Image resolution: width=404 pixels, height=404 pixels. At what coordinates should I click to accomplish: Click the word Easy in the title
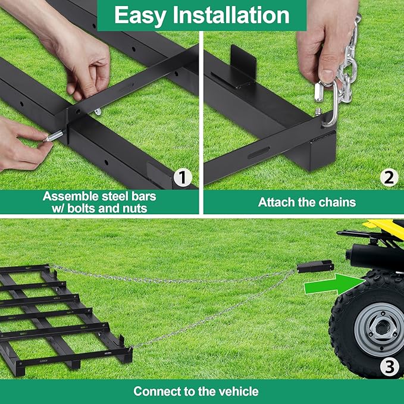click(138, 15)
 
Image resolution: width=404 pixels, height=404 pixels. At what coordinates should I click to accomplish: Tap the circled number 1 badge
click(183, 177)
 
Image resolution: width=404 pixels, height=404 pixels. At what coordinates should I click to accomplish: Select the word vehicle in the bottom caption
click(237, 392)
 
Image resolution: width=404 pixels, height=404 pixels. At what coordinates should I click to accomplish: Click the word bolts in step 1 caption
click(99, 208)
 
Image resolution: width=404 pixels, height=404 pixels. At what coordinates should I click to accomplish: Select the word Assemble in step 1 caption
click(68, 196)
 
